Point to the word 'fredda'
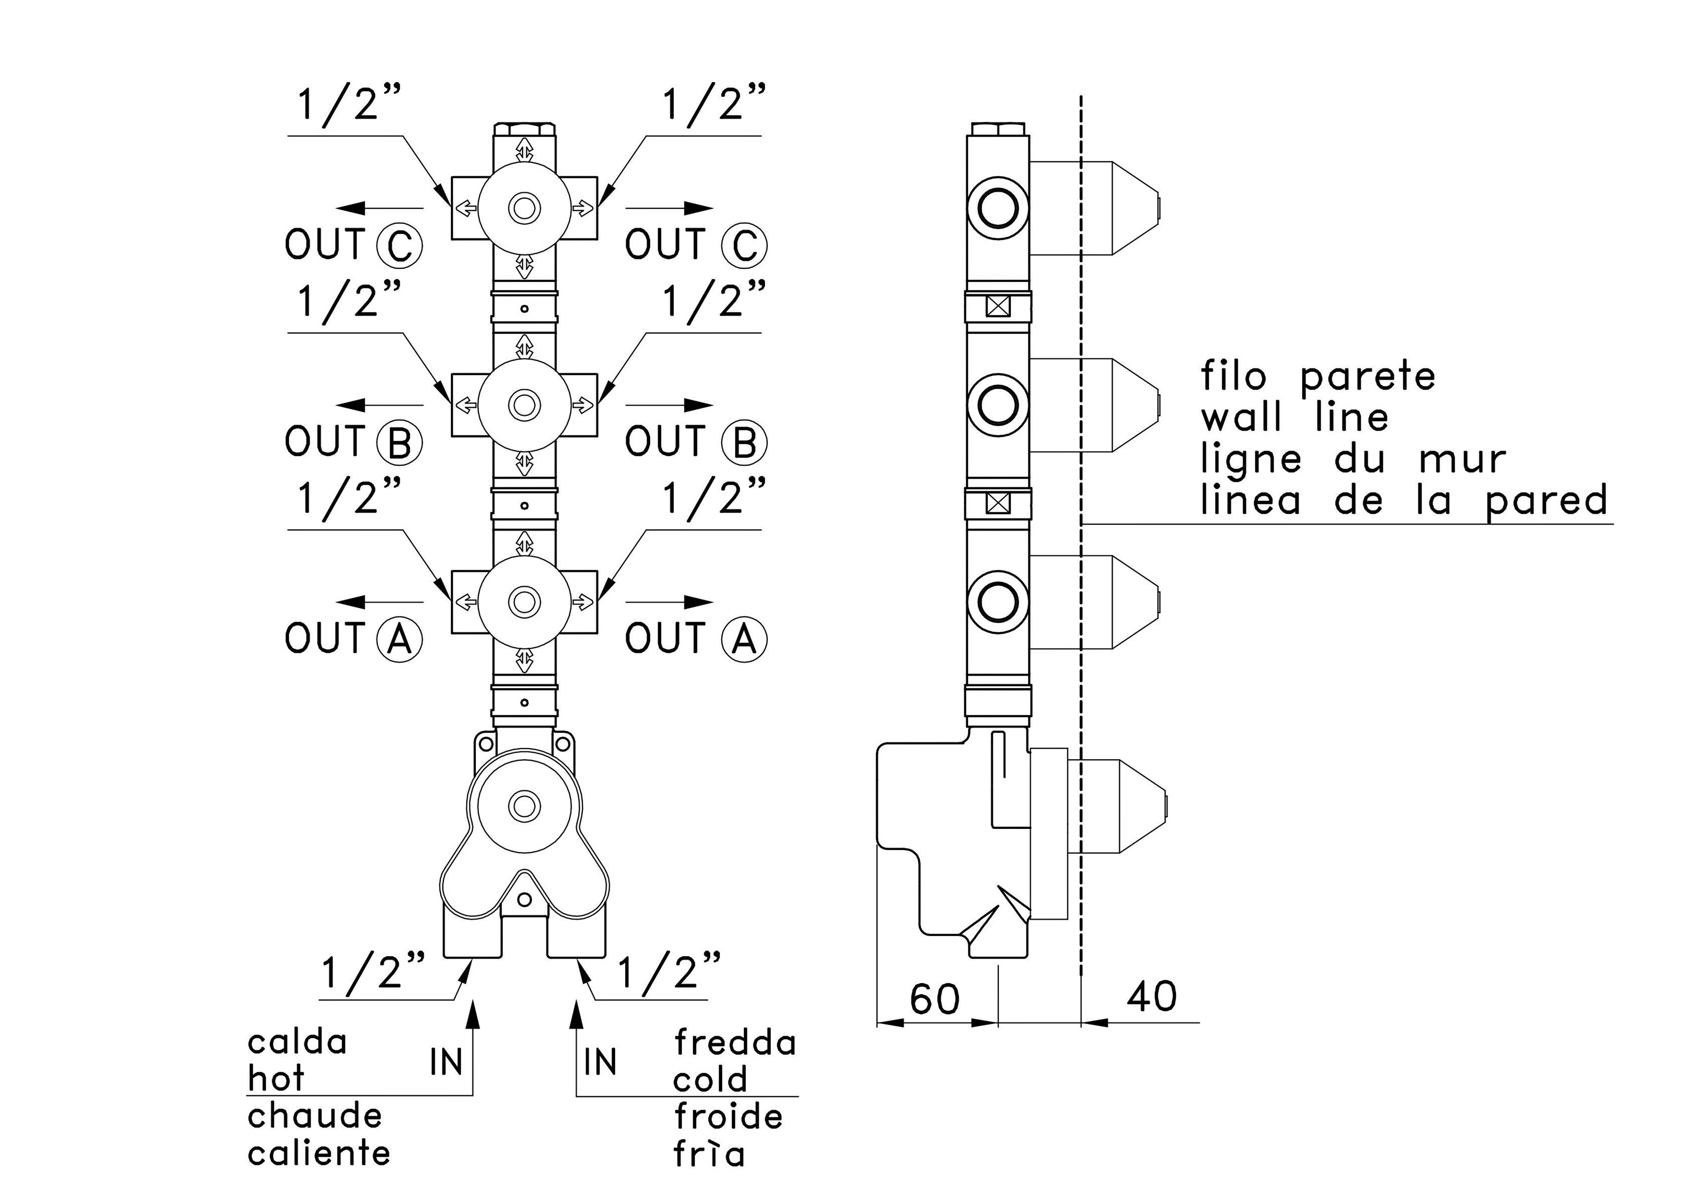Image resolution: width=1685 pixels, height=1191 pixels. pyautogui.click(x=735, y=1042)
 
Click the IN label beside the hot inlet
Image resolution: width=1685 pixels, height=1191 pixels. pyautogui.click(x=446, y=1062)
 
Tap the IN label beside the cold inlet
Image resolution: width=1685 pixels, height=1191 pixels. pyautogui.click(x=600, y=1062)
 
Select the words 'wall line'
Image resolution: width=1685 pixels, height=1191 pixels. pyautogui.click(x=1295, y=418)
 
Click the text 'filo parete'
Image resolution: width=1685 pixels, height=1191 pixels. pyautogui.click(x=1318, y=377)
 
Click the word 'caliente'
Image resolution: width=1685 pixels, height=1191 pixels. pyautogui.click(x=319, y=1153)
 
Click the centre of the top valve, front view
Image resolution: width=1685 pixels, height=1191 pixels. pyautogui.click(x=524, y=208)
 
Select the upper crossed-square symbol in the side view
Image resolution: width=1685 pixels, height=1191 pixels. pyautogui.click(x=998, y=306)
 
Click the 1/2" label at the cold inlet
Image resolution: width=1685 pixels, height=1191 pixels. pyautogui.click(x=669, y=972)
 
